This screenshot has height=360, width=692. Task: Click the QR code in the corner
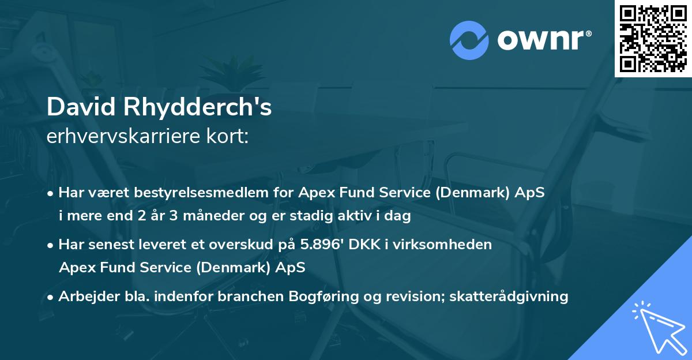pyautogui.click(x=653, y=38)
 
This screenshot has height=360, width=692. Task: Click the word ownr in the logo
pyautogui.click(x=542, y=39)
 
